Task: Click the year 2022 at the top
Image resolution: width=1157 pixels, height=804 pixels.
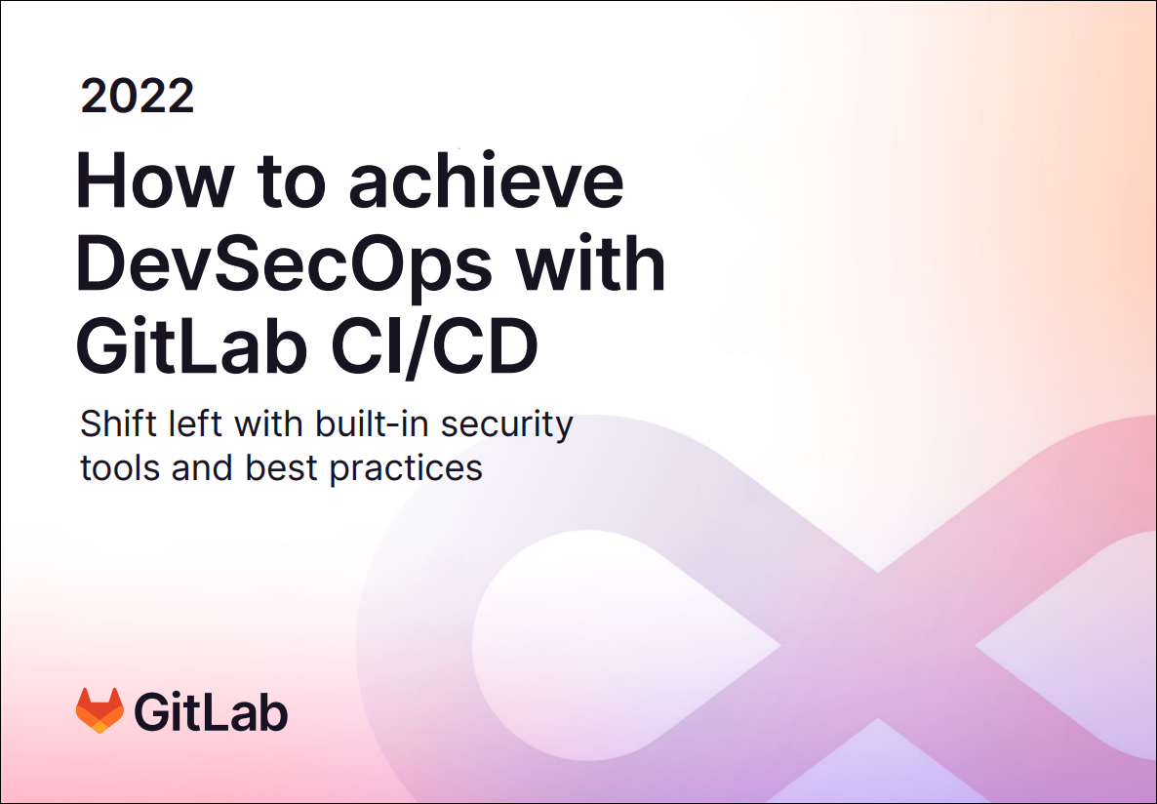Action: [138, 96]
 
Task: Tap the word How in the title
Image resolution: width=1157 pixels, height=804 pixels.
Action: [153, 181]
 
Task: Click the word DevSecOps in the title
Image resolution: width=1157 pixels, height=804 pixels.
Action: [284, 263]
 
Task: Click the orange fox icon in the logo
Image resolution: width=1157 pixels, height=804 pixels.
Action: [100, 710]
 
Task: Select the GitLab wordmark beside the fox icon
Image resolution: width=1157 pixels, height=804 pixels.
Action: [211, 711]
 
